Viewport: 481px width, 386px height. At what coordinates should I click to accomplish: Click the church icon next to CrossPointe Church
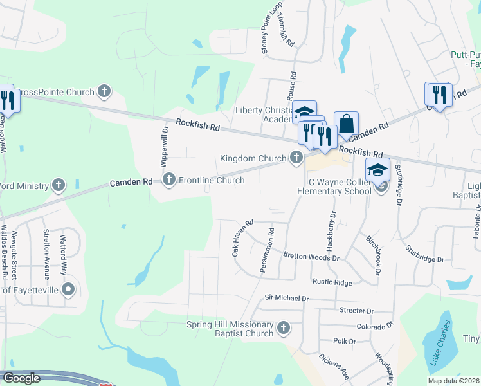click(105, 92)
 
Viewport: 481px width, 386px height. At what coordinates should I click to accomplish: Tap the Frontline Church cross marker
click(169, 179)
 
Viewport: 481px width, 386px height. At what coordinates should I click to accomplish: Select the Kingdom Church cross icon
click(296, 158)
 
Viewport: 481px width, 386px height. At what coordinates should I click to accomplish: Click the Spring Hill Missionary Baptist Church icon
click(283, 329)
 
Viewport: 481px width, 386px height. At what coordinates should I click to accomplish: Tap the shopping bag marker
click(346, 124)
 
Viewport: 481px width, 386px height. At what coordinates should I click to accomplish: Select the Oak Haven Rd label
click(244, 239)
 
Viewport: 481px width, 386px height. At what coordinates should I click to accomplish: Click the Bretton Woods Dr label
click(311, 256)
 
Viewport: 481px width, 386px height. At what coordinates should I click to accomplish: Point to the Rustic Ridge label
click(332, 282)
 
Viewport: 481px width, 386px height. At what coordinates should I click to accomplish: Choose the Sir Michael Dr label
click(287, 298)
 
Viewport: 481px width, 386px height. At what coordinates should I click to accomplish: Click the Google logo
click(22, 378)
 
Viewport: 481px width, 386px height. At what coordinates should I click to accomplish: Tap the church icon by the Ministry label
click(59, 186)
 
